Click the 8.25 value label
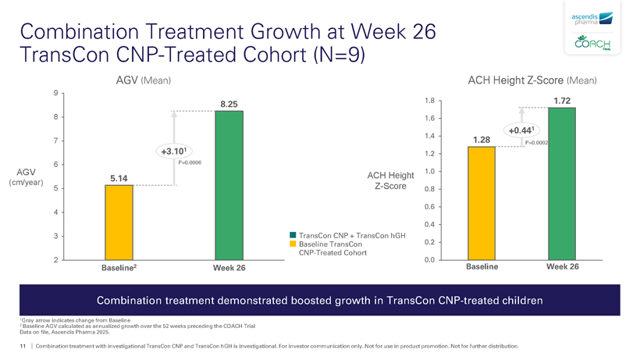pos(229,104)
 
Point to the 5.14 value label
pos(119,178)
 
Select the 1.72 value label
pos(562,101)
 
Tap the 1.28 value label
pos(482,140)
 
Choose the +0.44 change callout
pos(521,130)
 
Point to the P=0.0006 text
pos(190,162)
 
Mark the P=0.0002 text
pos(537,143)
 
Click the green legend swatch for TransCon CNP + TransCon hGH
pos(293,234)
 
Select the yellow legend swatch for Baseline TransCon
pos(293,244)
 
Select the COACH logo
pos(592,45)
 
